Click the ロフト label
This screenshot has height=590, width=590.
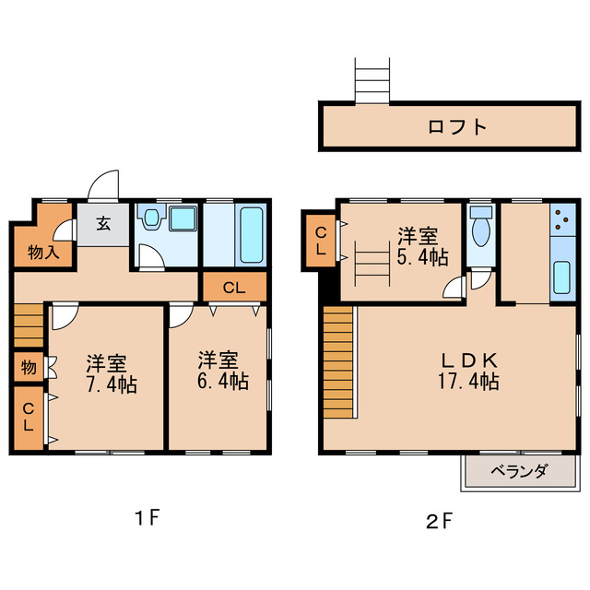(x=456, y=126)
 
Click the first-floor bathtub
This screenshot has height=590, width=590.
(x=251, y=235)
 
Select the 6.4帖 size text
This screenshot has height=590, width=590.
(x=222, y=380)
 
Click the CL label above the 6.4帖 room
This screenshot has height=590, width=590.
(x=233, y=287)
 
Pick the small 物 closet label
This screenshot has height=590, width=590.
(x=29, y=367)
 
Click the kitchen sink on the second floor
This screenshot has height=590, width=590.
(x=562, y=277)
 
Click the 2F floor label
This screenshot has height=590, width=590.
(x=439, y=521)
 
